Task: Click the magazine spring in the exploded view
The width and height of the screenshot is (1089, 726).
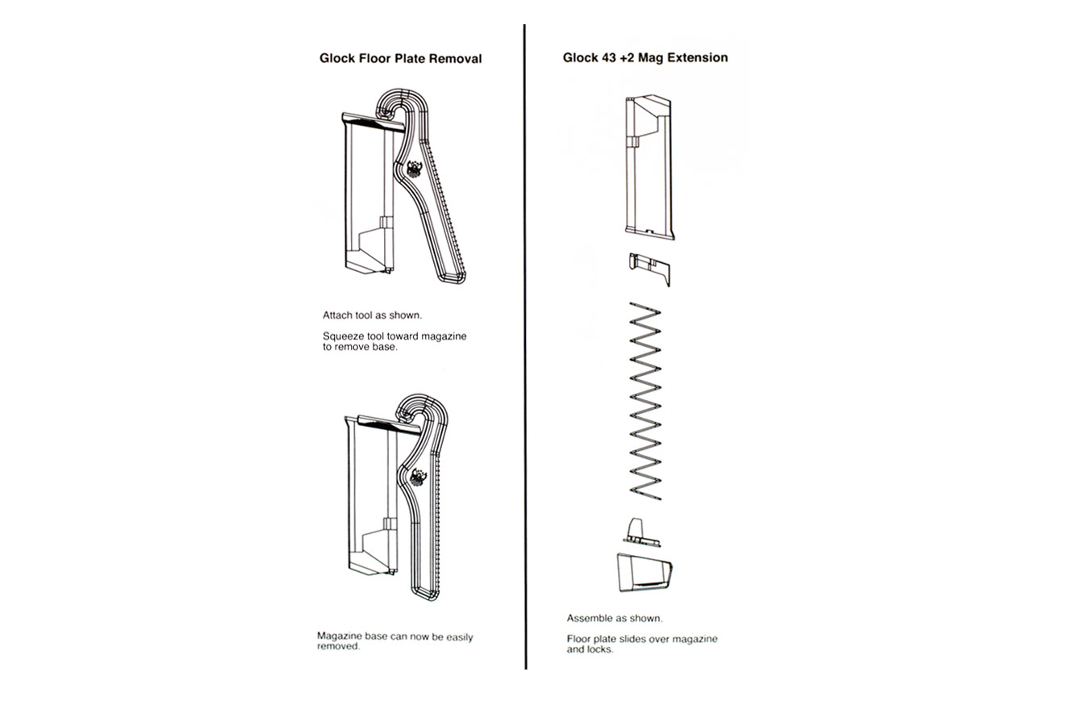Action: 645,401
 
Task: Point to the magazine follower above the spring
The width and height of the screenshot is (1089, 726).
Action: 649,269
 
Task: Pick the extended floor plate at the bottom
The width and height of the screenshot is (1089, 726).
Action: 645,573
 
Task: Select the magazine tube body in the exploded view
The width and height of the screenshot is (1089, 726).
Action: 649,167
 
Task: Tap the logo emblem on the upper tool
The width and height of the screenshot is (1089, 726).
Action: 414,169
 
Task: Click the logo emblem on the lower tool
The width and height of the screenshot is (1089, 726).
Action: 418,478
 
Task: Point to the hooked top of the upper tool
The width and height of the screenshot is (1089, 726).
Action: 401,103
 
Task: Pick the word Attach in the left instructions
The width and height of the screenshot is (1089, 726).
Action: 338,315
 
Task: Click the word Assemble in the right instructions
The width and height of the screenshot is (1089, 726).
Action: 590,618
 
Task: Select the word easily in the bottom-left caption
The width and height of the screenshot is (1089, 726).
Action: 460,637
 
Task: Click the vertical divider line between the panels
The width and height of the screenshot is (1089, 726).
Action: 525,347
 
